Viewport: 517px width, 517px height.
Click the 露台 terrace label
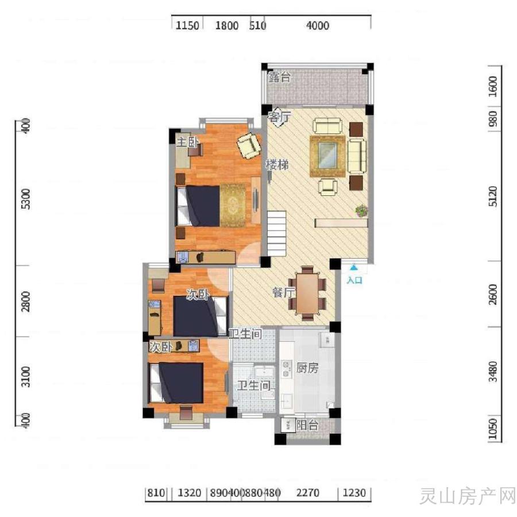pos(279,77)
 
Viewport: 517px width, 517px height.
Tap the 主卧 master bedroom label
pos(187,142)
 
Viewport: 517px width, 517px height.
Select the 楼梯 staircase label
pos(277,164)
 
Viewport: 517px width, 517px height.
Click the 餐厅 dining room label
pos(284,292)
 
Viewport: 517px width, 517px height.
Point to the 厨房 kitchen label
pos(307,368)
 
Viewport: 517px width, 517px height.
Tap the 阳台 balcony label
pos(307,425)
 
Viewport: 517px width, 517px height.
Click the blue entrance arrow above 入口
pos(354,267)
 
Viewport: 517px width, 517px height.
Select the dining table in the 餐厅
pos(307,294)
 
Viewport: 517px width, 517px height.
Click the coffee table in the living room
pos(327,156)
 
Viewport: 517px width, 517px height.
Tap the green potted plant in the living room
pos(362,211)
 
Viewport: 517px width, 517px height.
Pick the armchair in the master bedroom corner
pos(249,145)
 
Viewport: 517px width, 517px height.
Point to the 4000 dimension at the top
pos(318,26)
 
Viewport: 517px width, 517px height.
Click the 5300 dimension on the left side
pos(25,199)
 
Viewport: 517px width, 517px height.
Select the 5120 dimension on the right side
pos(492,196)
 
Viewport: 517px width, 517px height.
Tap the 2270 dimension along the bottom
pos(308,493)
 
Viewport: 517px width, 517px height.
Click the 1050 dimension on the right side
pos(492,429)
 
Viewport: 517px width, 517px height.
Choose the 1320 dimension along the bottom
pos(189,493)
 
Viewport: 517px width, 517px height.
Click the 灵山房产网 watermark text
pos(468,496)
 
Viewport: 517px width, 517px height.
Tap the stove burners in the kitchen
pos(286,369)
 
